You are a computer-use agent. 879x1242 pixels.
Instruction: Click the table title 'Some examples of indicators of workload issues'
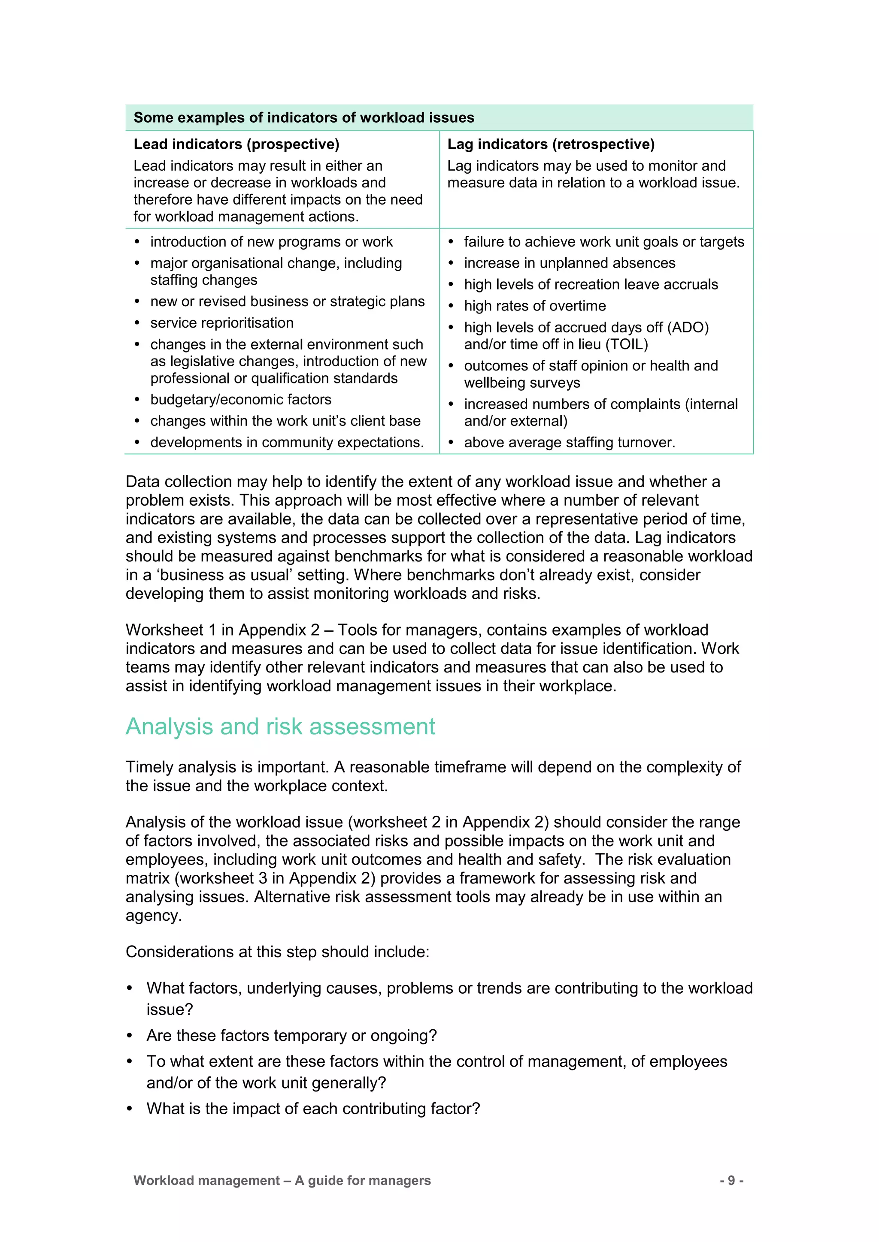click(x=303, y=118)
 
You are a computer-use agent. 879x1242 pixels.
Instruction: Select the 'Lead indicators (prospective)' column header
click(x=236, y=144)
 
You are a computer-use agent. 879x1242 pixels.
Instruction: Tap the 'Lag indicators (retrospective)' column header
click(x=551, y=144)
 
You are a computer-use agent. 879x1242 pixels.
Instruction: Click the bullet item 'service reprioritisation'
click(x=222, y=323)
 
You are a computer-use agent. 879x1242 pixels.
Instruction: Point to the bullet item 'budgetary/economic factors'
click(x=241, y=400)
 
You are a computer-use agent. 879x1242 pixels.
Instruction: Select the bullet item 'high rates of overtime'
click(x=535, y=306)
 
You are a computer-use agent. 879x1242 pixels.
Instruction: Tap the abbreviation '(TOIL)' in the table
click(x=626, y=344)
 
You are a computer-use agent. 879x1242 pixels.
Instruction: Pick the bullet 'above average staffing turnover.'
click(x=570, y=443)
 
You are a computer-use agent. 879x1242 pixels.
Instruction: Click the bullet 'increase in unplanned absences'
click(x=570, y=263)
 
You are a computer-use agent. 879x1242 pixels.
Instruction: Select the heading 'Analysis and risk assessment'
click(x=280, y=727)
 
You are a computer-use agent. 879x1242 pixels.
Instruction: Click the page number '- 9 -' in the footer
click(x=731, y=1180)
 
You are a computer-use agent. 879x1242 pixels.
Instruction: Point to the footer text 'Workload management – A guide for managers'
click(x=282, y=1180)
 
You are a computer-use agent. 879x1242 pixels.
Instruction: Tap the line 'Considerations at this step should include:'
click(x=277, y=952)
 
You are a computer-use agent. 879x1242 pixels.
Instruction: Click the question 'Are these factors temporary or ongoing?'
click(x=291, y=1035)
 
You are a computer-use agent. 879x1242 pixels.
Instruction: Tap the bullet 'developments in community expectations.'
click(x=287, y=443)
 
